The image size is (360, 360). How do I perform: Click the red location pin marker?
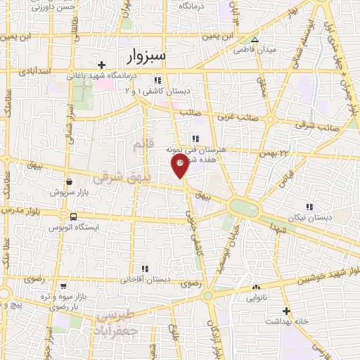point(181,166)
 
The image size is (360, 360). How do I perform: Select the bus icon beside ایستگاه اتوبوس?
point(74,217)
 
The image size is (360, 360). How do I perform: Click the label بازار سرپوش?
point(67,191)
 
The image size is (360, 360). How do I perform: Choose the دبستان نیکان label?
point(309,217)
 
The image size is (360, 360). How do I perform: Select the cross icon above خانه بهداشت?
point(285,311)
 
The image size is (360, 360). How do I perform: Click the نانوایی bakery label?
point(255,297)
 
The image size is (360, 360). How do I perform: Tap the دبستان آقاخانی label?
point(146,279)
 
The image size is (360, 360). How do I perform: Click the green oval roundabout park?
point(243,207)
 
